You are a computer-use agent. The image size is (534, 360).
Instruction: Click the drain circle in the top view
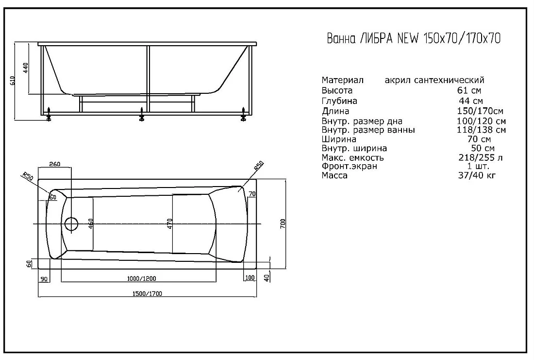point(71,224)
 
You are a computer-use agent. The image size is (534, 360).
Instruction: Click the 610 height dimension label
point(13,81)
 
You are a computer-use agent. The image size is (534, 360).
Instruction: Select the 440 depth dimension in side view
point(26,68)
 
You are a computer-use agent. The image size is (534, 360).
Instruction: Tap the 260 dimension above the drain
point(54,164)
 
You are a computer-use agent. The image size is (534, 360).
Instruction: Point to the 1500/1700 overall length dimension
point(147,293)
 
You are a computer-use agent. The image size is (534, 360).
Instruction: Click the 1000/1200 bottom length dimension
point(141,278)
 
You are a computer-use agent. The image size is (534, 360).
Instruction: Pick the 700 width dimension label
point(283,223)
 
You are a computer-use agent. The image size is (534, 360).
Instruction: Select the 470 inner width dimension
point(170,223)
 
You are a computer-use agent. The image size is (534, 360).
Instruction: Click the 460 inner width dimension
point(91,223)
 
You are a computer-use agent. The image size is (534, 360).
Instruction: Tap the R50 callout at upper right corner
point(259,166)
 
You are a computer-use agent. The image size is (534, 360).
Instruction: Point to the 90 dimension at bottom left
point(44,279)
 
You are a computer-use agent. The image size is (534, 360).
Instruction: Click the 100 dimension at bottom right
point(250,277)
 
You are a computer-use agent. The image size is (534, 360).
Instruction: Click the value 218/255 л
point(481,157)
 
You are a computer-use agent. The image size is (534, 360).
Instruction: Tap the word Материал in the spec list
point(343,80)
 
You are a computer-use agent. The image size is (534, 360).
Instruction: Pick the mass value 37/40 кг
point(477,175)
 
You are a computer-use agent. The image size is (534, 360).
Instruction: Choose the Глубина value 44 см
point(471,101)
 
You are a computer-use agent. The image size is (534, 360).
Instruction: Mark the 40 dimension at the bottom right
point(267,278)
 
